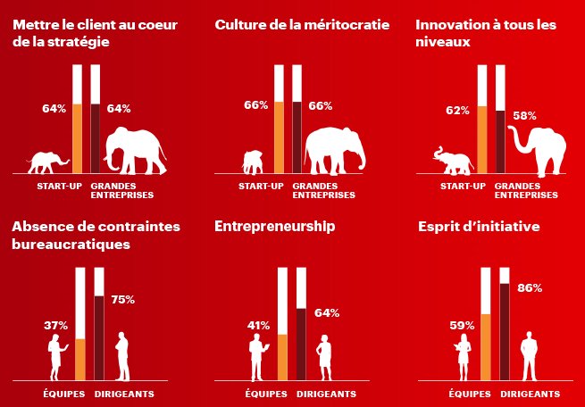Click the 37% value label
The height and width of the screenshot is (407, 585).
pos(55,325)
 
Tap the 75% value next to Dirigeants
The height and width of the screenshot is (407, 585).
pos(122,300)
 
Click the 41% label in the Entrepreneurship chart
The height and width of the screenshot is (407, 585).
pos(258,325)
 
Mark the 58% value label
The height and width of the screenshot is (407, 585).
pos(524,115)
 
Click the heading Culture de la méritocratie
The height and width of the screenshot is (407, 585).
pos(302,25)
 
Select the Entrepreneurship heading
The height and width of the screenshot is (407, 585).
pos(274,227)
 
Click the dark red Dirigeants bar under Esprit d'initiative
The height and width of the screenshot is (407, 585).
pos(505,331)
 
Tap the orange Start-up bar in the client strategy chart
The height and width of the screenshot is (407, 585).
pos(78,138)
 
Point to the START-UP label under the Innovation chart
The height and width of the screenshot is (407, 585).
pos(464,186)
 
